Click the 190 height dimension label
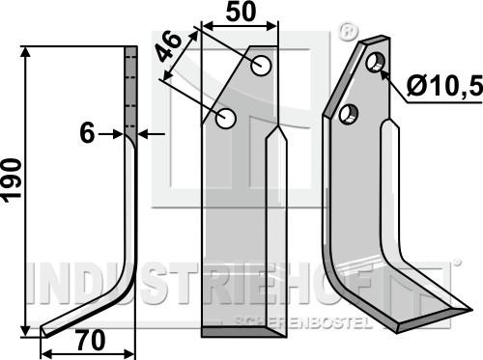pos(12,180)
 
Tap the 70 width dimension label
pos(91,341)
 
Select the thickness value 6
pos(87,133)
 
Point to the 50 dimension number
pos(241,12)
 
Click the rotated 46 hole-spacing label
pos(168,47)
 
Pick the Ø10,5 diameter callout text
pos(444,86)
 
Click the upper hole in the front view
pos(261,66)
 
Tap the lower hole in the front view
pos(226,119)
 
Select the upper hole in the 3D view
pos(375,63)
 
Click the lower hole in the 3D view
pos(349,115)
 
